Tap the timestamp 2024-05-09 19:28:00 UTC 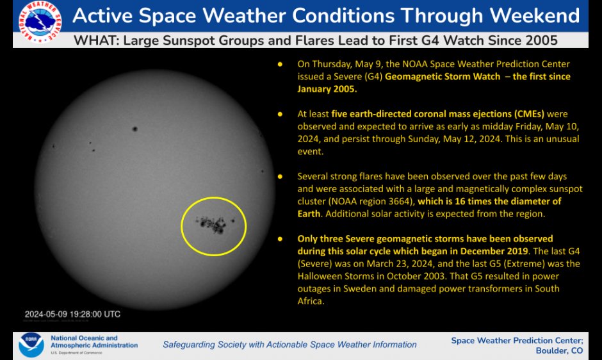[72, 315]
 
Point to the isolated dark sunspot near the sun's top [134, 129]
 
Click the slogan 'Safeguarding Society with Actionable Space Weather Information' [289, 345]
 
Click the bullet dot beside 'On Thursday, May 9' [280, 65]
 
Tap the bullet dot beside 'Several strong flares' [280, 176]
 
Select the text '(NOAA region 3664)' [369, 200]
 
